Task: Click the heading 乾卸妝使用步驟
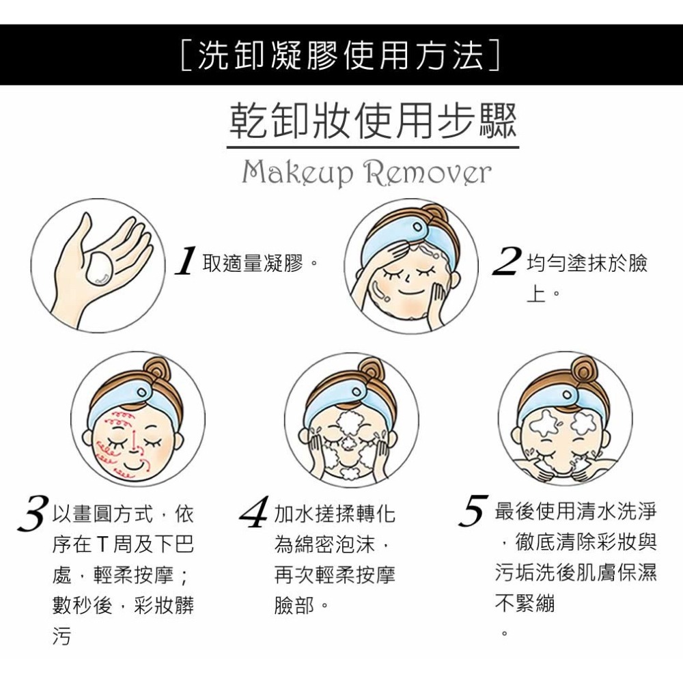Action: pyautogui.click(x=372, y=121)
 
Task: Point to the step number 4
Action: pyautogui.click(x=255, y=514)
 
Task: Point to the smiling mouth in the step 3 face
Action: pyautogui.click(x=136, y=464)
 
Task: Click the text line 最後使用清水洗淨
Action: pyautogui.click(x=575, y=511)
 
